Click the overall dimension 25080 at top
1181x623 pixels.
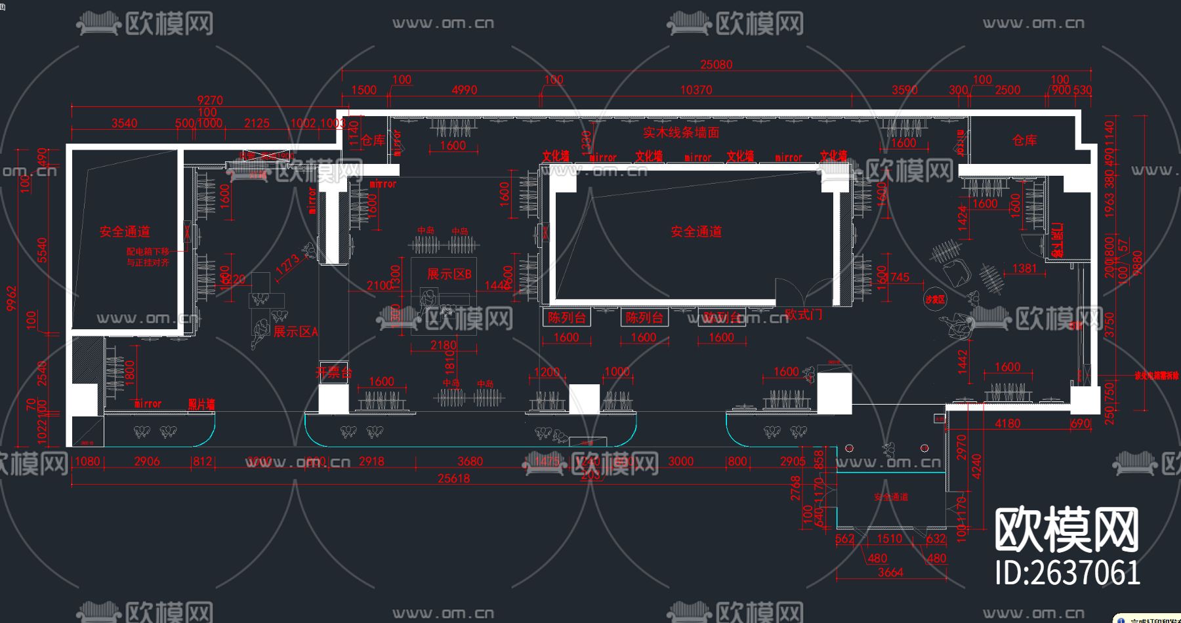click(716, 64)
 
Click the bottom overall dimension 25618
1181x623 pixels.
click(453, 478)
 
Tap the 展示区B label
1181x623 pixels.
click(449, 274)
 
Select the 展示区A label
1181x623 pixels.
click(295, 332)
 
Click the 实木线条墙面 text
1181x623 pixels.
click(681, 132)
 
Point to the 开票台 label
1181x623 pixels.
click(333, 372)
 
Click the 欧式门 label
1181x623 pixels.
click(803, 314)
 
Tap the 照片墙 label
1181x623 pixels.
click(201, 404)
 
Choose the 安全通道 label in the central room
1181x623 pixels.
click(696, 231)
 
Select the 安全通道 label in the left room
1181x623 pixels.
click(125, 231)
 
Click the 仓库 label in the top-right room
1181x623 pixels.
click(1024, 140)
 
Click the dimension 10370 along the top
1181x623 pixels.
click(695, 90)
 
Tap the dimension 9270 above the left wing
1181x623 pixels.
click(210, 100)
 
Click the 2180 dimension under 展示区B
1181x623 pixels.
click(444, 345)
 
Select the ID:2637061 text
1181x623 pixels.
click(1067, 573)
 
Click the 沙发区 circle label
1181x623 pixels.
click(935, 300)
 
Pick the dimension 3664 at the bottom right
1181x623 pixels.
click(890, 573)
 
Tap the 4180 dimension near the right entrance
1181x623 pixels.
click(1007, 424)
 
